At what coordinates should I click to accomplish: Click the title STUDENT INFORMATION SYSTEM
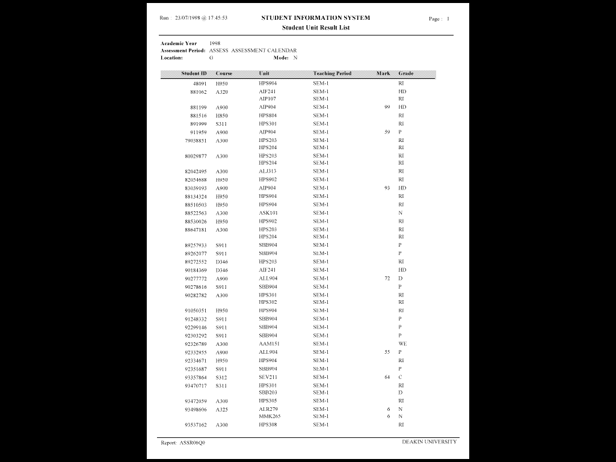(315, 18)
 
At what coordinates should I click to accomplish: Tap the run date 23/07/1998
(189, 18)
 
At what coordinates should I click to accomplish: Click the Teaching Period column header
(332, 73)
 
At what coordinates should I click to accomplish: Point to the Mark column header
(383, 73)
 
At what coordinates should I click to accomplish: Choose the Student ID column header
(194, 73)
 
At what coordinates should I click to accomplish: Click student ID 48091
(200, 83)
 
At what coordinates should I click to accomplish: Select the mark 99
(387, 107)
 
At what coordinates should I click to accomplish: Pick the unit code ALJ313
(268, 171)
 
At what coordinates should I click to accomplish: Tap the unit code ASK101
(268, 213)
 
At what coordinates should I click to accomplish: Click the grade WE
(402, 344)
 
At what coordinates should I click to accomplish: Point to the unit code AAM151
(269, 344)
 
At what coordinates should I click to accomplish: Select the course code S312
(221, 377)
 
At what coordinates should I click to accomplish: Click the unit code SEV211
(268, 377)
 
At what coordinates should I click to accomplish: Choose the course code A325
(222, 410)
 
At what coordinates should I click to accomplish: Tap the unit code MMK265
(269, 416)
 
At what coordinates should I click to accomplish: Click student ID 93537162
(196, 425)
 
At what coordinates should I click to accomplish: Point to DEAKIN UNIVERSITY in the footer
(429, 442)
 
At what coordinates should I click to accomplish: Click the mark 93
(387, 188)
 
